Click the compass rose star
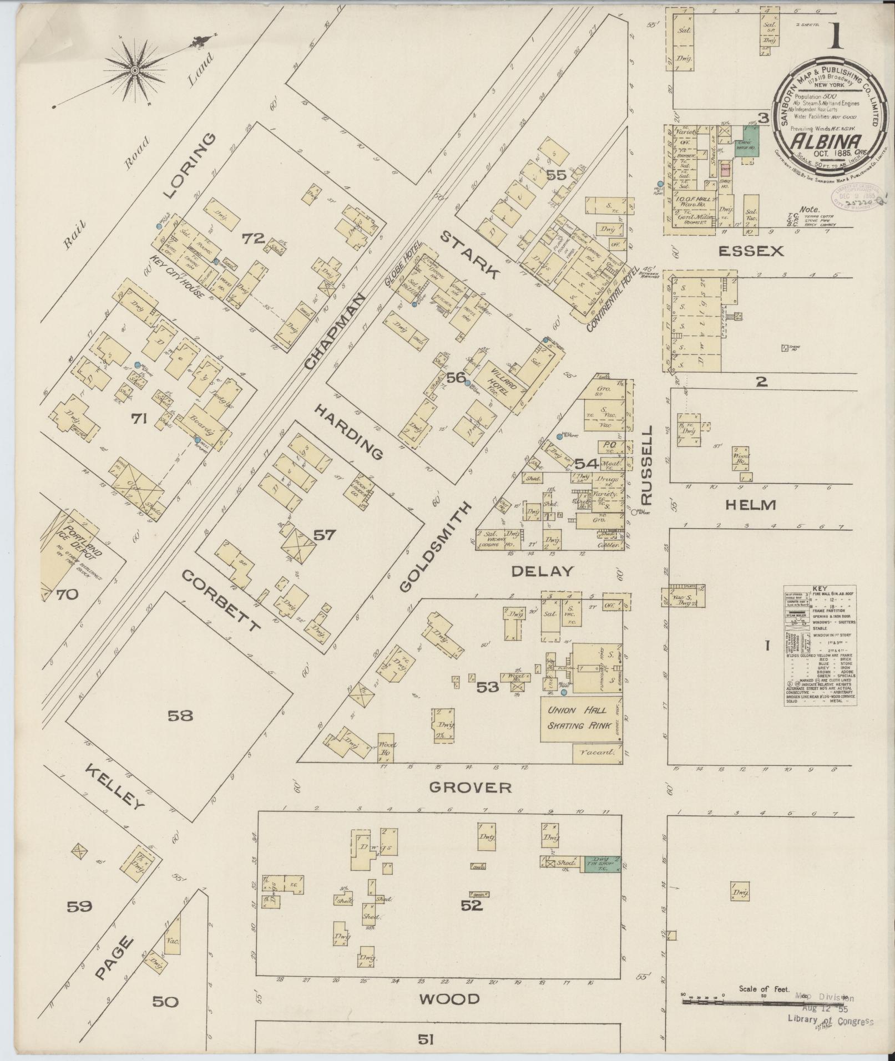pos(134,70)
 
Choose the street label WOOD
pos(449,999)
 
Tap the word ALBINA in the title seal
pos(818,140)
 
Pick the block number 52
pos(472,905)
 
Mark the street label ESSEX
pos(751,251)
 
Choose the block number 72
pos(252,238)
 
